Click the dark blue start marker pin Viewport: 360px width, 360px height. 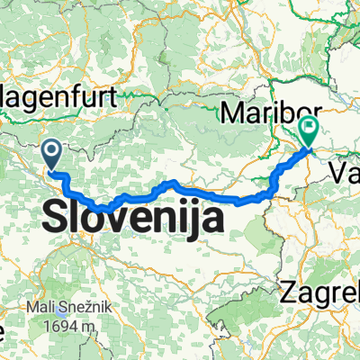pos(53,156)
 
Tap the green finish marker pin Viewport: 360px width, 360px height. pos(309,132)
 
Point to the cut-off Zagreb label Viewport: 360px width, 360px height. pos(320,292)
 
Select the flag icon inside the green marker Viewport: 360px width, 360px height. pos(309,128)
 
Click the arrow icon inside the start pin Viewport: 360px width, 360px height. pos(53,152)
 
